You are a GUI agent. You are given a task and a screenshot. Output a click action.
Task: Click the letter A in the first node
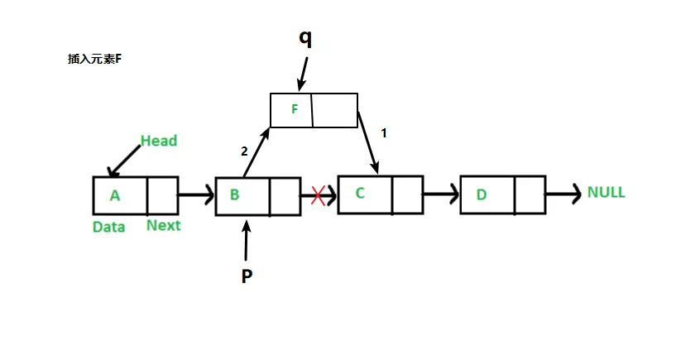coord(115,196)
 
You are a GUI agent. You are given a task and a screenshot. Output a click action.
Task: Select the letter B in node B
coord(235,196)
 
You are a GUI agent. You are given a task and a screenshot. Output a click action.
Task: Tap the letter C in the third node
coord(360,194)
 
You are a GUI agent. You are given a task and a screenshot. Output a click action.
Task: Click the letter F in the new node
coord(295,109)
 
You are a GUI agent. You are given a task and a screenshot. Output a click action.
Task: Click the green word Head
coord(158,142)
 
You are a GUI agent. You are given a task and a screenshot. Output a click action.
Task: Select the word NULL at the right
coord(606,193)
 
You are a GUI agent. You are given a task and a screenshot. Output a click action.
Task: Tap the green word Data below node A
coord(108,226)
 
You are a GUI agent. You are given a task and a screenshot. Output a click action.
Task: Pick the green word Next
coord(163,225)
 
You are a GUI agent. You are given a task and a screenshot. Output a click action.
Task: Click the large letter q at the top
coord(305,38)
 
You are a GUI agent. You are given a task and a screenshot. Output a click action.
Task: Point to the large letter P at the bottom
coord(247,276)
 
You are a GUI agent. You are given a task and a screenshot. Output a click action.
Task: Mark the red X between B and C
coord(318,196)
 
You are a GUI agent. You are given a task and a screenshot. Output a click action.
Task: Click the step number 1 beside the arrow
coord(383,132)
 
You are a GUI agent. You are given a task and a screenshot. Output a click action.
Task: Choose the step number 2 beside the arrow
coord(244,151)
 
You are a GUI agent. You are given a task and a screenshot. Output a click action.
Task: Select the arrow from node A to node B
coord(196,196)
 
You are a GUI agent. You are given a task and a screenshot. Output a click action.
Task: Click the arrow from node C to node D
coord(440,195)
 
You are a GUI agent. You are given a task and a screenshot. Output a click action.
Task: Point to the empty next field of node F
coord(334,110)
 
